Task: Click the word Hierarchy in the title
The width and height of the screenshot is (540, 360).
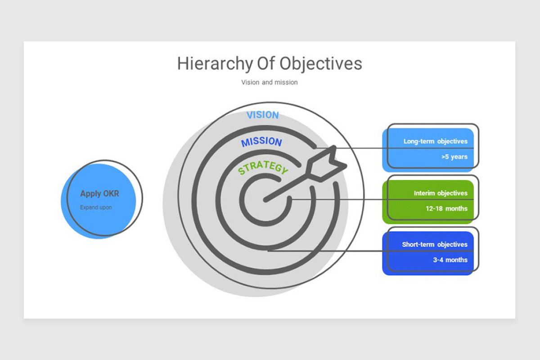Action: click(x=215, y=64)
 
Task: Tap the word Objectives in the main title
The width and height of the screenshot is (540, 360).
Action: click(x=320, y=64)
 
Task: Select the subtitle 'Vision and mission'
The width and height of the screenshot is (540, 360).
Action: click(x=270, y=82)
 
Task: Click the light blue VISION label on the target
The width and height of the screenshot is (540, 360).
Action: click(x=262, y=115)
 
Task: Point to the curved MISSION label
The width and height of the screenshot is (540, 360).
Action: click(x=261, y=142)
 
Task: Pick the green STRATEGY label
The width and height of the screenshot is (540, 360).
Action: click(x=263, y=167)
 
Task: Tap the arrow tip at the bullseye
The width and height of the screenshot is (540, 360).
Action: click(x=265, y=200)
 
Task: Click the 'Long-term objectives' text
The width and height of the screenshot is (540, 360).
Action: click(x=436, y=141)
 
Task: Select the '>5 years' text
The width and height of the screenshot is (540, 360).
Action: click(x=454, y=157)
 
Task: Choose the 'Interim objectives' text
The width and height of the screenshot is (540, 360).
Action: click(x=441, y=193)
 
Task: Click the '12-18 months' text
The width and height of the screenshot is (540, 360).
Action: click(x=446, y=208)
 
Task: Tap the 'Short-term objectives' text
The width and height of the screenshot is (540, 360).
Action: click(x=435, y=244)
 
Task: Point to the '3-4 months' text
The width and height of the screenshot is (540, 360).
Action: click(x=450, y=260)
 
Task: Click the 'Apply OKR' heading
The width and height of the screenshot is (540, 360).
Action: click(x=99, y=193)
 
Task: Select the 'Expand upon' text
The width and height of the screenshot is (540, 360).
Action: click(x=96, y=207)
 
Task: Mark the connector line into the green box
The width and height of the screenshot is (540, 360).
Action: click(x=382, y=199)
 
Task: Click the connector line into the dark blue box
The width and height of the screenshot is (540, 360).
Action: click(x=371, y=251)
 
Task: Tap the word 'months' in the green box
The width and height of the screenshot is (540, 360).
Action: click(x=457, y=208)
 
